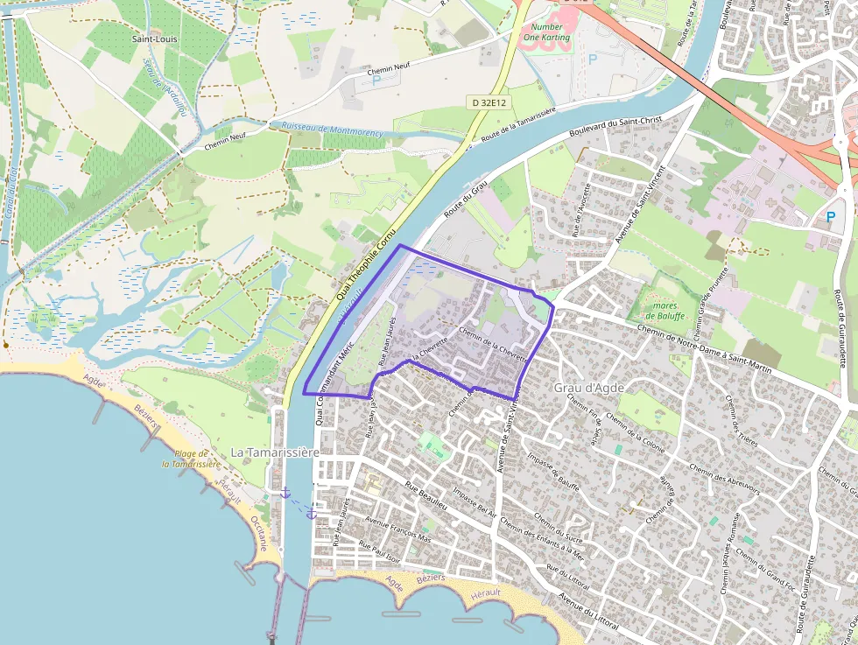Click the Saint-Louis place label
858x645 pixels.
(x=151, y=39)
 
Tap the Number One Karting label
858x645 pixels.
(x=546, y=32)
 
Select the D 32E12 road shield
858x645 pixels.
(x=488, y=102)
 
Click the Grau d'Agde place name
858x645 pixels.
(x=588, y=387)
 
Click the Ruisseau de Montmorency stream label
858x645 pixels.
(x=333, y=130)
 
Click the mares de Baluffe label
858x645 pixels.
(x=667, y=311)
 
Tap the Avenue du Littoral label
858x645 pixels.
(x=588, y=613)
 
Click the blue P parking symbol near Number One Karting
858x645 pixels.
(x=593, y=59)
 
